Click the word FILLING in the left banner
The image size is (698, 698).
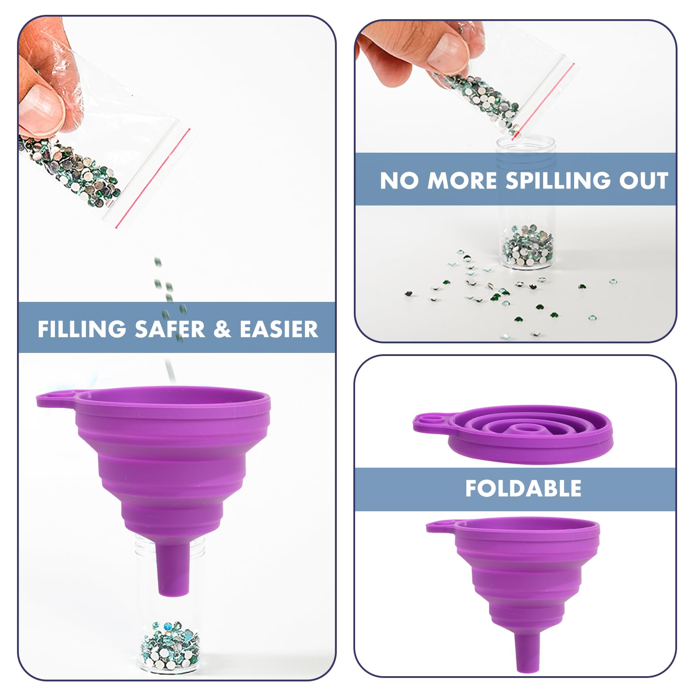(x=82, y=329)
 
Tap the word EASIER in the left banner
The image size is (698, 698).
(x=279, y=329)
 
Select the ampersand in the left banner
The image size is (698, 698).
(x=222, y=329)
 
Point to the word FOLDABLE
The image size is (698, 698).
(x=523, y=488)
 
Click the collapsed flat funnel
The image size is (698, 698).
(x=513, y=434)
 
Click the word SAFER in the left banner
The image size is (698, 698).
(x=170, y=329)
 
